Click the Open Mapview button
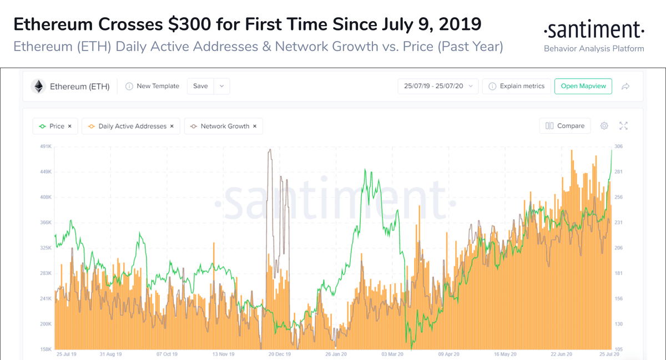pyautogui.click(x=583, y=86)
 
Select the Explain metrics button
pyautogui.click(x=516, y=86)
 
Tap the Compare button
pyautogui.click(x=565, y=126)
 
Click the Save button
pyautogui.click(x=200, y=86)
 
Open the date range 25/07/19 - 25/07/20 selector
pyautogui.click(x=437, y=86)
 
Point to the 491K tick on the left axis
pyautogui.click(x=45, y=146)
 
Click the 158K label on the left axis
pyautogui.click(x=45, y=349)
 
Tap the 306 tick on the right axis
pyautogui.click(x=618, y=146)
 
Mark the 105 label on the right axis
pyautogui.click(x=618, y=349)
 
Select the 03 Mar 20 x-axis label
pyautogui.click(x=392, y=353)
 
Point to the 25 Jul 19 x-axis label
pyautogui.click(x=67, y=353)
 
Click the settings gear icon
pyautogui.click(x=604, y=126)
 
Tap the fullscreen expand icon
pyautogui.click(x=623, y=126)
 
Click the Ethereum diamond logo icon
pyautogui.click(x=38, y=86)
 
